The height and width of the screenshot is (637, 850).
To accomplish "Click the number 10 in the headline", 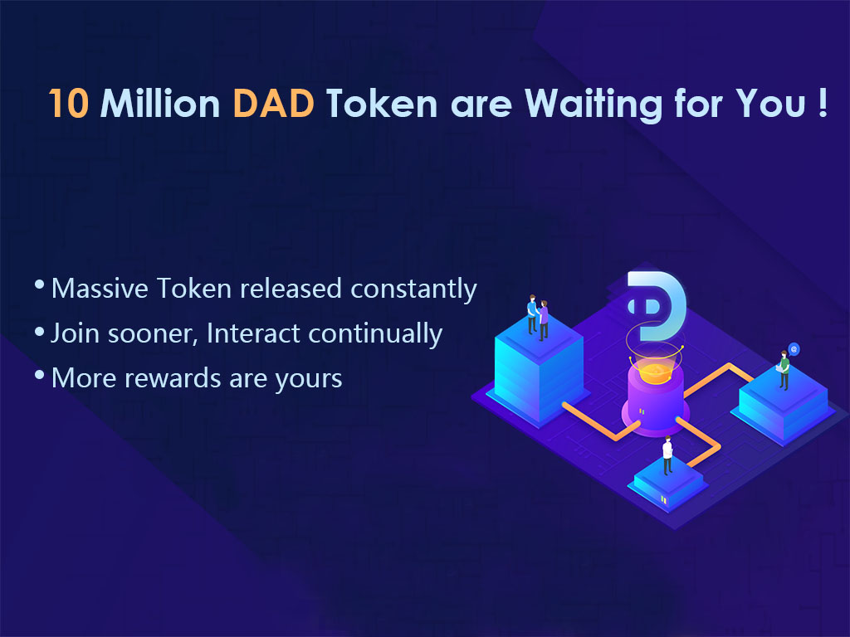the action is coord(68,103).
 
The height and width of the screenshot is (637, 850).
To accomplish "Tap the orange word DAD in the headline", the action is coord(274,103).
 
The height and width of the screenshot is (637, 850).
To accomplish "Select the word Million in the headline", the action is coord(160,102).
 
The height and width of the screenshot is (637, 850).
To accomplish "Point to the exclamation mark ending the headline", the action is coord(823,102).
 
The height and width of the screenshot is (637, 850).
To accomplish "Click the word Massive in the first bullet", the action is coord(100,288).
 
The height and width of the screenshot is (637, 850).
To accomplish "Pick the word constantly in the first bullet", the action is coord(413,289).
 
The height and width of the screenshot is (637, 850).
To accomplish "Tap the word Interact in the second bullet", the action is coord(253,333).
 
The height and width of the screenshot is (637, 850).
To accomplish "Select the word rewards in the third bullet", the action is coord(173,378).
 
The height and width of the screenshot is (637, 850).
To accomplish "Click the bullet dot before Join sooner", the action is coord(39,330).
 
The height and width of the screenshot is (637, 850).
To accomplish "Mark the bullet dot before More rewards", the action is coord(39,374).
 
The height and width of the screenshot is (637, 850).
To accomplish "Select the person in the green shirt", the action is coord(784,370).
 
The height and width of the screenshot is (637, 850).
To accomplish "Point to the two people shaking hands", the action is coord(538,318).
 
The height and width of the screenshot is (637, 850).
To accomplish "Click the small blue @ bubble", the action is coord(794,349).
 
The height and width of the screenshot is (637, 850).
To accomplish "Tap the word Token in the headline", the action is coord(382,103).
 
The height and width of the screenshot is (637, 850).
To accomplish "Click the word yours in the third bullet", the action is coord(309,380).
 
